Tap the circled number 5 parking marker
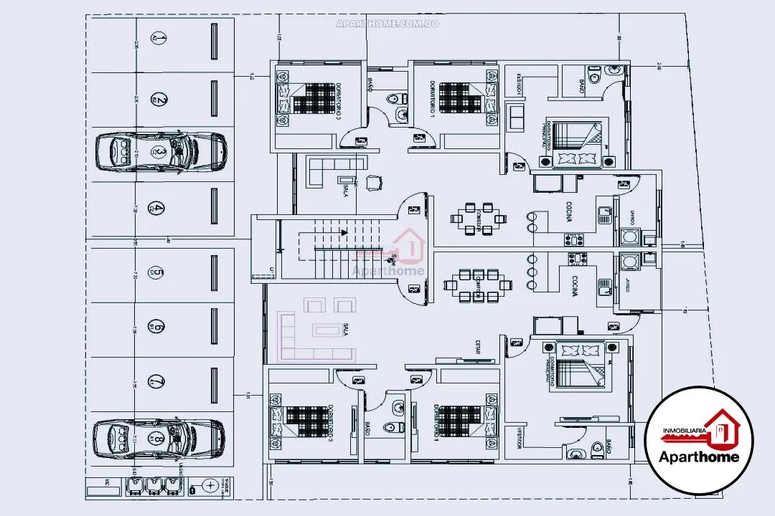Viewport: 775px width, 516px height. [156, 272]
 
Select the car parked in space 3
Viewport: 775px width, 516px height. [161, 151]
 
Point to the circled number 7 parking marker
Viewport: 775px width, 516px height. [156, 381]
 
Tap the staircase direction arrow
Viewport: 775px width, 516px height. [344, 232]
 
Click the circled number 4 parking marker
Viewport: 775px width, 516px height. [156, 209]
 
